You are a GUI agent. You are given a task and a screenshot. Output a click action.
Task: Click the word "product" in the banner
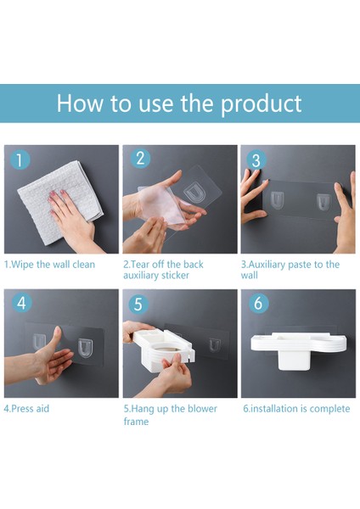click(x=262, y=104)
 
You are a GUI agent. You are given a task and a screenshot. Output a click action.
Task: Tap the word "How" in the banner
click(x=80, y=103)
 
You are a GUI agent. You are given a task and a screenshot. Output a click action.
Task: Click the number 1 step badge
click(x=20, y=159)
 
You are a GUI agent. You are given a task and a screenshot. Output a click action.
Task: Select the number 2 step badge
click(x=140, y=158)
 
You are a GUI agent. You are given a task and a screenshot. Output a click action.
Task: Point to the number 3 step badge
click(x=256, y=160)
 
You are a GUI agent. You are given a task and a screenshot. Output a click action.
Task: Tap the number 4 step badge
click(x=22, y=303)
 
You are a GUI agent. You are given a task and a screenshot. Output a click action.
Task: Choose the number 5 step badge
click(x=138, y=305)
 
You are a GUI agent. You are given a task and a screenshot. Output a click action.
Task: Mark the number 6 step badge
click(x=258, y=303)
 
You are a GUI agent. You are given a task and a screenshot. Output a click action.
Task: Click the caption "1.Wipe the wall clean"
click(x=49, y=265)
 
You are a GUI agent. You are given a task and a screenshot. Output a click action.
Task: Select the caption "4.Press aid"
click(x=26, y=408)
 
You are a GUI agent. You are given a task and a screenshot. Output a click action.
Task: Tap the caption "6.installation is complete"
click(x=296, y=409)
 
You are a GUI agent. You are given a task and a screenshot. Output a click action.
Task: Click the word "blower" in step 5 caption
click(x=202, y=408)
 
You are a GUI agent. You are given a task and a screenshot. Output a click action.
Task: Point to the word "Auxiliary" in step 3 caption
click(x=266, y=265)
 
